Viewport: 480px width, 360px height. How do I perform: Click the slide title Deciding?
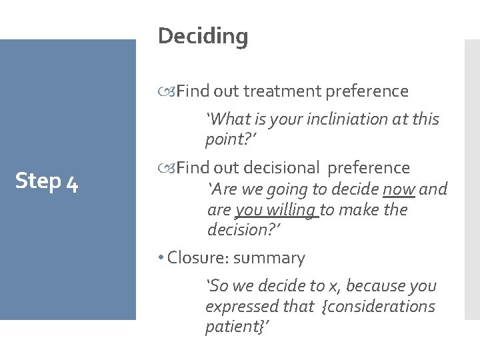coord(203,36)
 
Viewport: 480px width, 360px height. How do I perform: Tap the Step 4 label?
coord(47,181)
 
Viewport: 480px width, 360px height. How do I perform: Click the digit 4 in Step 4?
coord(71,181)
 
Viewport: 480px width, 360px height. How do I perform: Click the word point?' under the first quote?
coord(231,140)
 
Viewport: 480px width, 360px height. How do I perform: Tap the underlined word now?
coord(399,189)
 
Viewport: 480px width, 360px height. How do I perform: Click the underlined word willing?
coord(293,210)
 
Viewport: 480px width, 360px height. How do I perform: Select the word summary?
coord(274,258)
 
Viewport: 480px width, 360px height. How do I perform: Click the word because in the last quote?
coord(371,286)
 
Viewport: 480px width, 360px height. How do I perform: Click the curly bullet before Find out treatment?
coord(167,91)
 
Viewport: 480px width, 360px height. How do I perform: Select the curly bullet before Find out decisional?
coord(167,167)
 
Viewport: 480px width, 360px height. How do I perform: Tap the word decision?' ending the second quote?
coord(243,230)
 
